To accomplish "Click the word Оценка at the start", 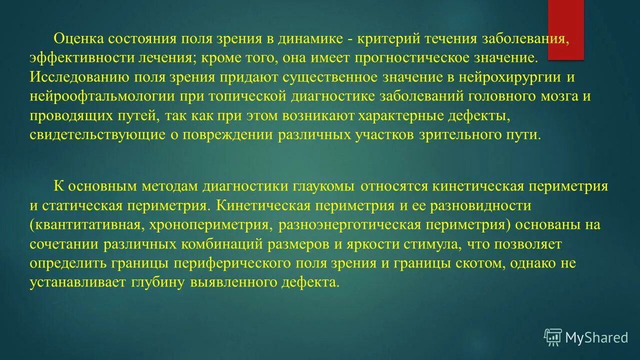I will tap(77, 38).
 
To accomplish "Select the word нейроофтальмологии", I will tap(101, 96).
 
